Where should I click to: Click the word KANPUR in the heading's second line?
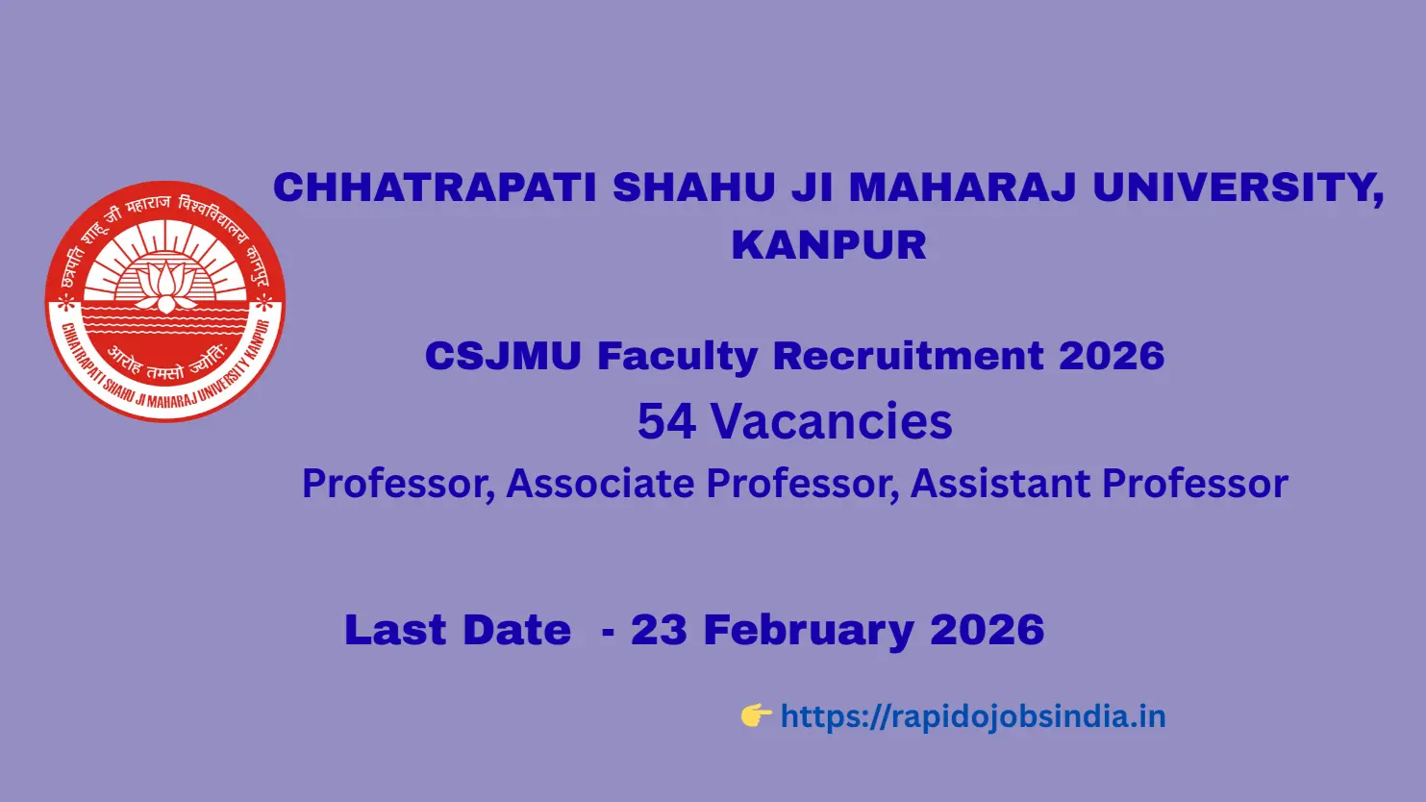[829, 244]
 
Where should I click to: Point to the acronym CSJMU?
[503, 356]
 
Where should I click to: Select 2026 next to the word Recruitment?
[1112, 356]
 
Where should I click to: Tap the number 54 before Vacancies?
[666, 421]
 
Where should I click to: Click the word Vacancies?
[832, 421]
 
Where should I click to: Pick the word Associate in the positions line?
[602, 483]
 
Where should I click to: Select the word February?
[809, 630]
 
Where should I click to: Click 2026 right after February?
[987, 630]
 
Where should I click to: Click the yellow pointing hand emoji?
[756, 715]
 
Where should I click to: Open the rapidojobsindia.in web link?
[972, 716]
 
